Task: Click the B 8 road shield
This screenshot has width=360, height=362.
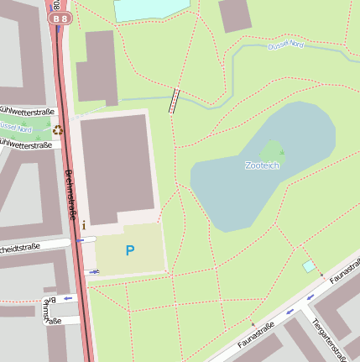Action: (x=60, y=18)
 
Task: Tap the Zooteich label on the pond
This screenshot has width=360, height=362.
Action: (x=262, y=165)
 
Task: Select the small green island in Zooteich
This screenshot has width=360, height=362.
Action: (x=272, y=151)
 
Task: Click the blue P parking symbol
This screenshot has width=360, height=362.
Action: (x=129, y=250)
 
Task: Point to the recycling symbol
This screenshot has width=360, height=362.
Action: (x=57, y=129)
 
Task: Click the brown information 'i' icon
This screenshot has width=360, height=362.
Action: (x=84, y=225)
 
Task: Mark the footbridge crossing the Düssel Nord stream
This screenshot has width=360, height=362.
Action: (x=175, y=100)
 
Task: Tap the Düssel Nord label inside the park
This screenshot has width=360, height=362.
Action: (x=285, y=45)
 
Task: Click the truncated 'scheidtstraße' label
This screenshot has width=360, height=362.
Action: (x=20, y=247)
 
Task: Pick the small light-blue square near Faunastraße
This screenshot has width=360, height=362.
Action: (x=309, y=266)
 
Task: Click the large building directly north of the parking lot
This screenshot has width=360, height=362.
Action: (x=117, y=168)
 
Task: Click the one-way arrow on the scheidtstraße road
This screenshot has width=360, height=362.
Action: (x=82, y=240)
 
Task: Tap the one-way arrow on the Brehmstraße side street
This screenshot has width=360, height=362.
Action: (x=66, y=298)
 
